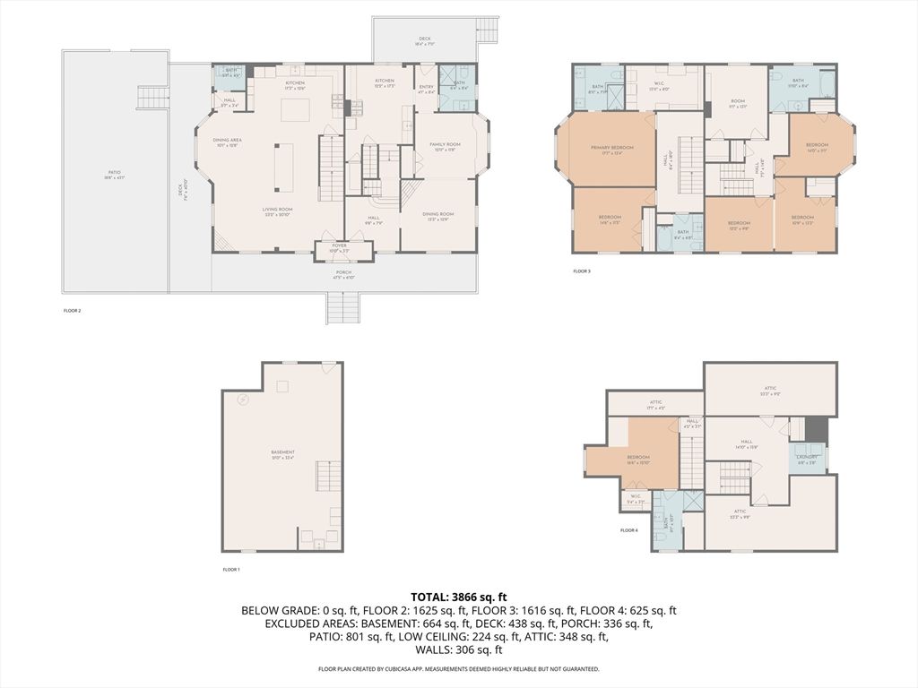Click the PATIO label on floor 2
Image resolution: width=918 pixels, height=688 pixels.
[115, 174]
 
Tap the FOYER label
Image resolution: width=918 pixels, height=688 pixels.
[339, 246]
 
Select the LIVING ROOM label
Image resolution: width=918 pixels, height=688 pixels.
[277, 211]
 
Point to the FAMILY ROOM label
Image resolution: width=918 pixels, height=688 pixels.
[445, 146]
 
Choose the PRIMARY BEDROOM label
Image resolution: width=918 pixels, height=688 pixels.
[611, 149]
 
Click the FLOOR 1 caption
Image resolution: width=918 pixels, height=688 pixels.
[231, 570]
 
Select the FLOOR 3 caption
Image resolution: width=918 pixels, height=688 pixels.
[582, 271]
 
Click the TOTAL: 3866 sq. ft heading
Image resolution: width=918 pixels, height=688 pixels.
[459, 596]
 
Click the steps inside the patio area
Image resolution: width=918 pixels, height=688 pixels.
[147, 98]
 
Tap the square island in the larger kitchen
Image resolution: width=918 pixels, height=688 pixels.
[296, 109]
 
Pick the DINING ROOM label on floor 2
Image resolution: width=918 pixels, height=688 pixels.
[438, 215]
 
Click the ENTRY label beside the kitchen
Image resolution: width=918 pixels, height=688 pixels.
[426, 88]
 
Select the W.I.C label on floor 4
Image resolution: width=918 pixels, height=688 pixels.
[635, 497]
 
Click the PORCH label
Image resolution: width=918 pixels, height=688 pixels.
[343, 274]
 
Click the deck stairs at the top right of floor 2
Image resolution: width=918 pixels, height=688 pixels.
[489, 29]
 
